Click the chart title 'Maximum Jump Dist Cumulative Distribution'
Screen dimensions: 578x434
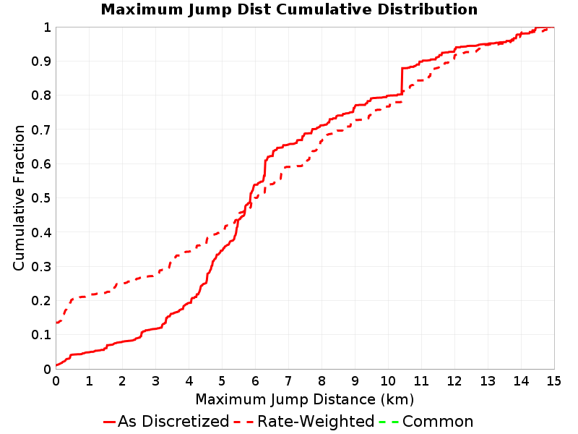pyautogui.click(x=289, y=9)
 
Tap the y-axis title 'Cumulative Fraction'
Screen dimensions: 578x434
pyautogui.click(x=19, y=197)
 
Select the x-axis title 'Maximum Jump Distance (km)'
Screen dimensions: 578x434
pyautogui.click(x=305, y=400)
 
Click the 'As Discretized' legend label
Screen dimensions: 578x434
pyautogui.click(x=173, y=422)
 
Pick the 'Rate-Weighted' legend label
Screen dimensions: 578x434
pyautogui.click(x=316, y=422)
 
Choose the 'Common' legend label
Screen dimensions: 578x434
pyautogui.click(x=438, y=422)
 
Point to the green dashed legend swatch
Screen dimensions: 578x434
pyautogui.click(x=389, y=422)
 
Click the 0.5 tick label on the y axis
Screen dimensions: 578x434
pyautogui.click(x=41, y=198)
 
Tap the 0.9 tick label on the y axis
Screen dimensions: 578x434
pyautogui.click(x=41, y=61)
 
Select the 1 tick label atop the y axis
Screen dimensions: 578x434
pyautogui.click(x=47, y=27)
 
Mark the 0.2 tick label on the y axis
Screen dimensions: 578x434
pyautogui.click(x=41, y=301)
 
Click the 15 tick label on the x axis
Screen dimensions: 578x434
pyautogui.click(x=553, y=381)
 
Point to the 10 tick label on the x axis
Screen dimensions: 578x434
pyautogui.click(x=388, y=381)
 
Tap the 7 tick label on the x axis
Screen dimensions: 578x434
pyautogui.click(x=288, y=381)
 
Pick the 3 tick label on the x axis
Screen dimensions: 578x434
pyautogui.click(x=155, y=381)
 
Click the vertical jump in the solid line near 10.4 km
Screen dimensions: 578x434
pyautogui.click(x=402, y=81)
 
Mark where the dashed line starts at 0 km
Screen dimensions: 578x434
pyautogui.click(x=56, y=323)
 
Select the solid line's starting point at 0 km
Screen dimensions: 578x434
pyautogui.click(x=56, y=365)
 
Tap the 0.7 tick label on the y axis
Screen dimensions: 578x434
pyautogui.click(x=41, y=130)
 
